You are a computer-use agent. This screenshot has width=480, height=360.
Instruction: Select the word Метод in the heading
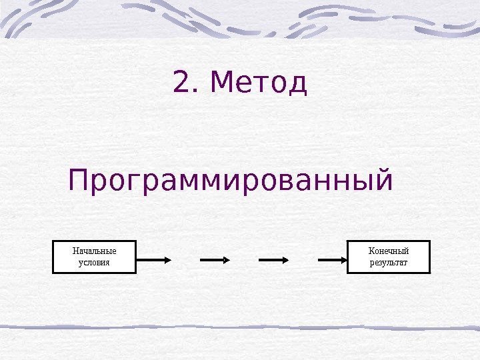(x=258, y=83)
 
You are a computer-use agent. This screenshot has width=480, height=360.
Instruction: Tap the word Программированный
(x=231, y=181)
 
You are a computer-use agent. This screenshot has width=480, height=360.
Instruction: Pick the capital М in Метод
(x=221, y=83)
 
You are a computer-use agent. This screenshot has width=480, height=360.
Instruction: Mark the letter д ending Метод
(x=298, y=85)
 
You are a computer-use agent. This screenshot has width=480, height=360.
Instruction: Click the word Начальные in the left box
(x=94, y=251)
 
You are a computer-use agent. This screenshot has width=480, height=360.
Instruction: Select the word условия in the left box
(x=94, y=263)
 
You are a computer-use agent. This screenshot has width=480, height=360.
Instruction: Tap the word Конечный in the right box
(x=389, y=251)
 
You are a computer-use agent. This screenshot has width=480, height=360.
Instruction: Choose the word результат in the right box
(x=389, y=263)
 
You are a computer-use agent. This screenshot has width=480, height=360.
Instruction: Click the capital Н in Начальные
(x=75, y=251)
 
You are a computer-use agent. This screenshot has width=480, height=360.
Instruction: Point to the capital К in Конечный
(x=371, y=251)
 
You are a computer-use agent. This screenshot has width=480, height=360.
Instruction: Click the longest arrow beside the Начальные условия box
(x=153, y=259)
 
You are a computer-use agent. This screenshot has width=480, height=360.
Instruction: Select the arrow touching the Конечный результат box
(x=333, y=259)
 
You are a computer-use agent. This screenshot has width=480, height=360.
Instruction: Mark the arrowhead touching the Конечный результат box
(x=343, y=259)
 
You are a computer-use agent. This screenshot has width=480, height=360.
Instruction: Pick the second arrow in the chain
(x=215, y=259)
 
